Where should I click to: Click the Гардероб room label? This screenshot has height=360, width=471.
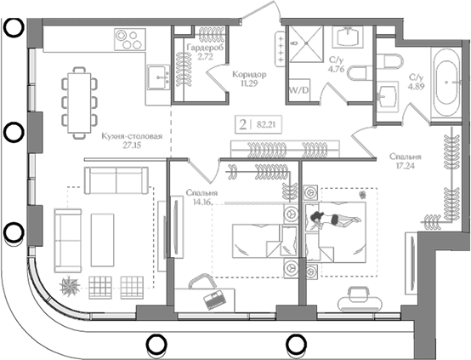coord(206,48)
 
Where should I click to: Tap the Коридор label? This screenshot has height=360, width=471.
coord(249,74)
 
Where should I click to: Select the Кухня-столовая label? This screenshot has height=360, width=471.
coord(132,136)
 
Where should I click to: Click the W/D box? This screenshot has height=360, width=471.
coord(298,90)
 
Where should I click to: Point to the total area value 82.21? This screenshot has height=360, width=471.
coord(266,124)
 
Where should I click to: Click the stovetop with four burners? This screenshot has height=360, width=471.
coord(130,39)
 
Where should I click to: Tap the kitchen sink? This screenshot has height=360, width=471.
coord(159,77)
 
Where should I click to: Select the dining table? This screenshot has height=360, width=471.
coord(79,103)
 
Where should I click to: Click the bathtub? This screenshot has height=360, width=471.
coord(446,83)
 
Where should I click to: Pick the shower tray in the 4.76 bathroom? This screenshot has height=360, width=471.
coord(306,44)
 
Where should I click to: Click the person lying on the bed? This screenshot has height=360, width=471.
coord(334,219)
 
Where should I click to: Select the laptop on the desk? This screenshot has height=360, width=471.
coord(214,300)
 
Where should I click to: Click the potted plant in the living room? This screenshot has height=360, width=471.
coord(70,286)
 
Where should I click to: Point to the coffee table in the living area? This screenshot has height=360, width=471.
coord(102,240)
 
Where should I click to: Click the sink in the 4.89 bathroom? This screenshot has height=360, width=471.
coord(387,96)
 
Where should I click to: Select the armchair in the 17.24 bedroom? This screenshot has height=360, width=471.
coord(360,300)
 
